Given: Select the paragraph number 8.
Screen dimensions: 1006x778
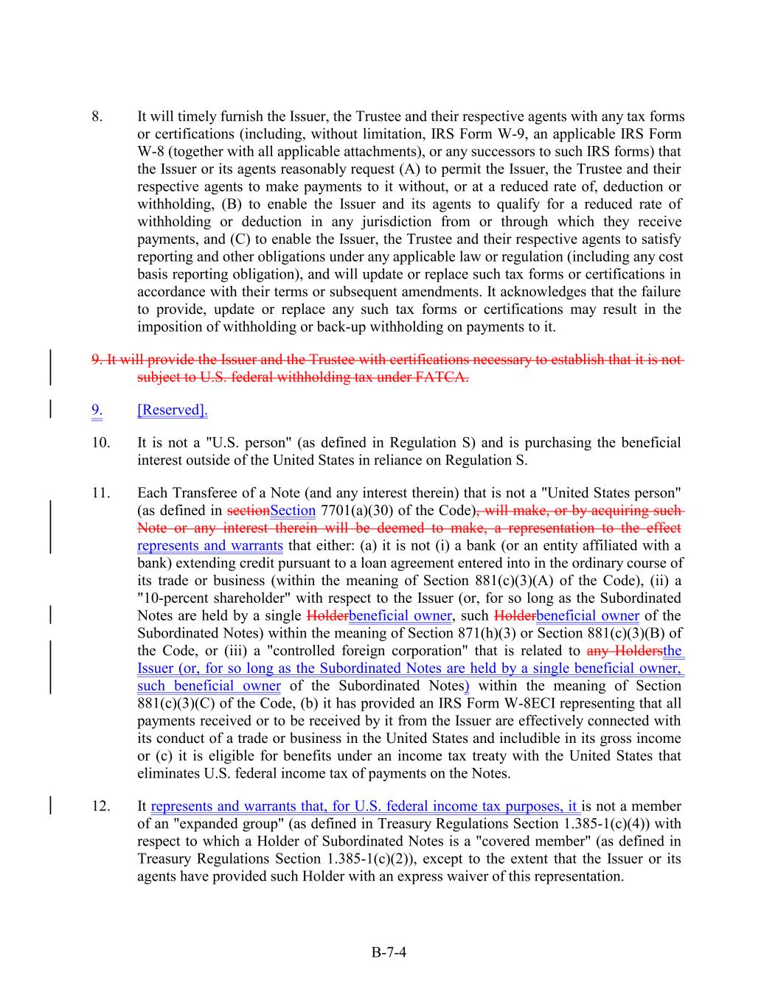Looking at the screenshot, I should tap(97, 116).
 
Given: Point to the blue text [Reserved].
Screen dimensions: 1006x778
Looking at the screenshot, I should tap(172, 410).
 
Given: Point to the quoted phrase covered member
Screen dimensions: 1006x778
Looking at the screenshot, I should tap(535, 842).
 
